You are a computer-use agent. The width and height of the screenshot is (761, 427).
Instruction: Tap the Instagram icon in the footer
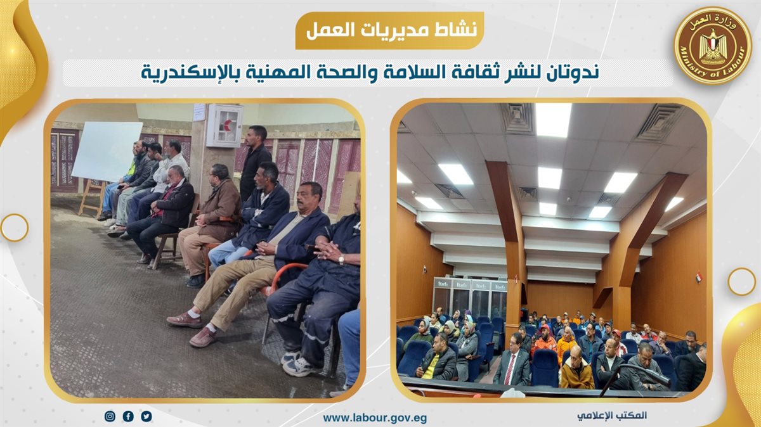click(110, 416)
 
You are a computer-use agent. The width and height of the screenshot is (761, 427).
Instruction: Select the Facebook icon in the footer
click(128, 416)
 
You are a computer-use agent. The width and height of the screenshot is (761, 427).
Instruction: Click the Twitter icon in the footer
click(146, 416)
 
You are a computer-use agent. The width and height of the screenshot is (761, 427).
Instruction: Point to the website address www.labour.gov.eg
click(375, 418)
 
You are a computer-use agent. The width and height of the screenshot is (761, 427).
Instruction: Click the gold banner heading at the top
click(389, 30)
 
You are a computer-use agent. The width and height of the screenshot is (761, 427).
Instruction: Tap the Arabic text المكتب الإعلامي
click(611, 415)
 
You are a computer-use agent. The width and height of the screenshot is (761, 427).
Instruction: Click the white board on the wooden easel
click(107, 151)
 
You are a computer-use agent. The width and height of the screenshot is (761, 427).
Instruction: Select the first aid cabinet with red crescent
click(224, 125)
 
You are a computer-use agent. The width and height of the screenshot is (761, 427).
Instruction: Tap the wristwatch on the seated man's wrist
click(341, 260)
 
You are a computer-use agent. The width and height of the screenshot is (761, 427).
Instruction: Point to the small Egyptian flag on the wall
click(698, 277)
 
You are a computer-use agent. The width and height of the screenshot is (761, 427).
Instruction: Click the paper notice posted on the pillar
click(199, 112)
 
